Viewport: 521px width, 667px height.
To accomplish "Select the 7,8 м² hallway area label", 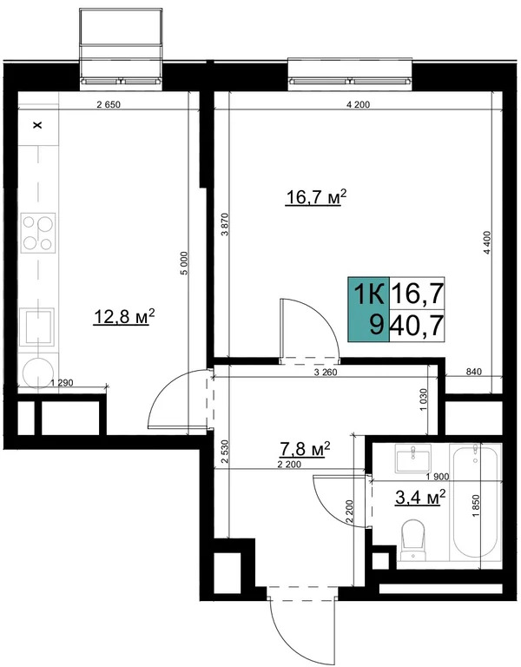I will (302, 449).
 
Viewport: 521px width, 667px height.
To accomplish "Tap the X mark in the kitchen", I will (36, 126).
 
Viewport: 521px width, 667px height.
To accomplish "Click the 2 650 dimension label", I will (107, 106).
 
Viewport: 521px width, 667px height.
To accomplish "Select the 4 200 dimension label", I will (358, 106).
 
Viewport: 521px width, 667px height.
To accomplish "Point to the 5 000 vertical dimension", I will (183, 263).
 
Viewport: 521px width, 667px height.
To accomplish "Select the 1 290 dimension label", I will (61, 382).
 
